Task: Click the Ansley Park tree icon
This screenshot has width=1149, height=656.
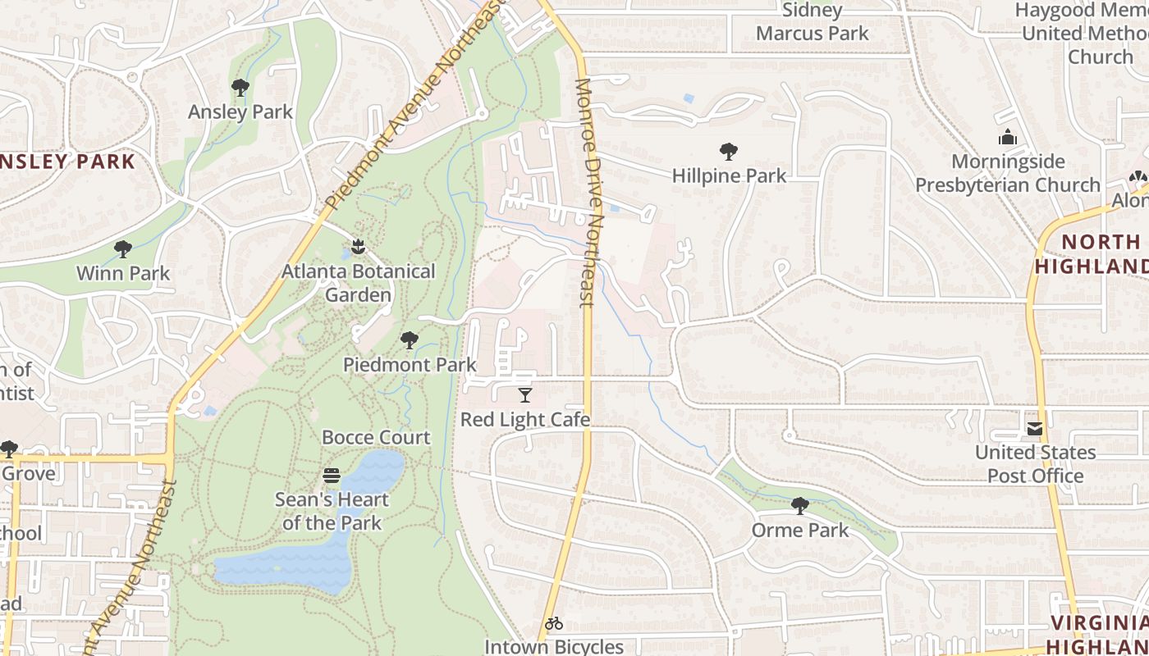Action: click(x=240, y=87)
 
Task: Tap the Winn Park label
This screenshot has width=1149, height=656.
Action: click(x=123, y=273)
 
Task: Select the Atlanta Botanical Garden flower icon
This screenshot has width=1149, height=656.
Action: click(x=358, y=246)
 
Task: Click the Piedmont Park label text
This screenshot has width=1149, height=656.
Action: click(x=410, y=364)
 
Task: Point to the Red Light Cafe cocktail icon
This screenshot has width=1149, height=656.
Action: click(x=525, y=395)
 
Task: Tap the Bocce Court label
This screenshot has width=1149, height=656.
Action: click(x=376, y=437)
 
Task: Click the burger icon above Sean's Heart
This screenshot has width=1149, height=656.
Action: click(x=332, y=476)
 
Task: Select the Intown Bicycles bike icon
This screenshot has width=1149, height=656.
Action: click(x=554, y=623)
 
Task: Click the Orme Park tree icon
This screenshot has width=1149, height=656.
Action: click(x=800, y=505)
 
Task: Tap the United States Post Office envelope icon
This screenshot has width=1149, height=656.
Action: click(x=1034, y=428)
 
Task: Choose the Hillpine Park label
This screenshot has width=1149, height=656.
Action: click(x=729, y=175)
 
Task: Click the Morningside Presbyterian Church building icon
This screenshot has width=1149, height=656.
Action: click(x=1008, y=137)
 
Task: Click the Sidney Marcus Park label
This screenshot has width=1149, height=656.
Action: click(x=812, y=22)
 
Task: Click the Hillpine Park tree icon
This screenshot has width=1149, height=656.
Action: click(x=728, y=151)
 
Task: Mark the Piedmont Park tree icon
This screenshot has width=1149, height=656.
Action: click(x=409, y=340)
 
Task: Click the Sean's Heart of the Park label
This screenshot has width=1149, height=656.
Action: click(x=332, y=511)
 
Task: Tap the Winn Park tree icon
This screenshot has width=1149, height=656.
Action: click(x=123, y=248)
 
